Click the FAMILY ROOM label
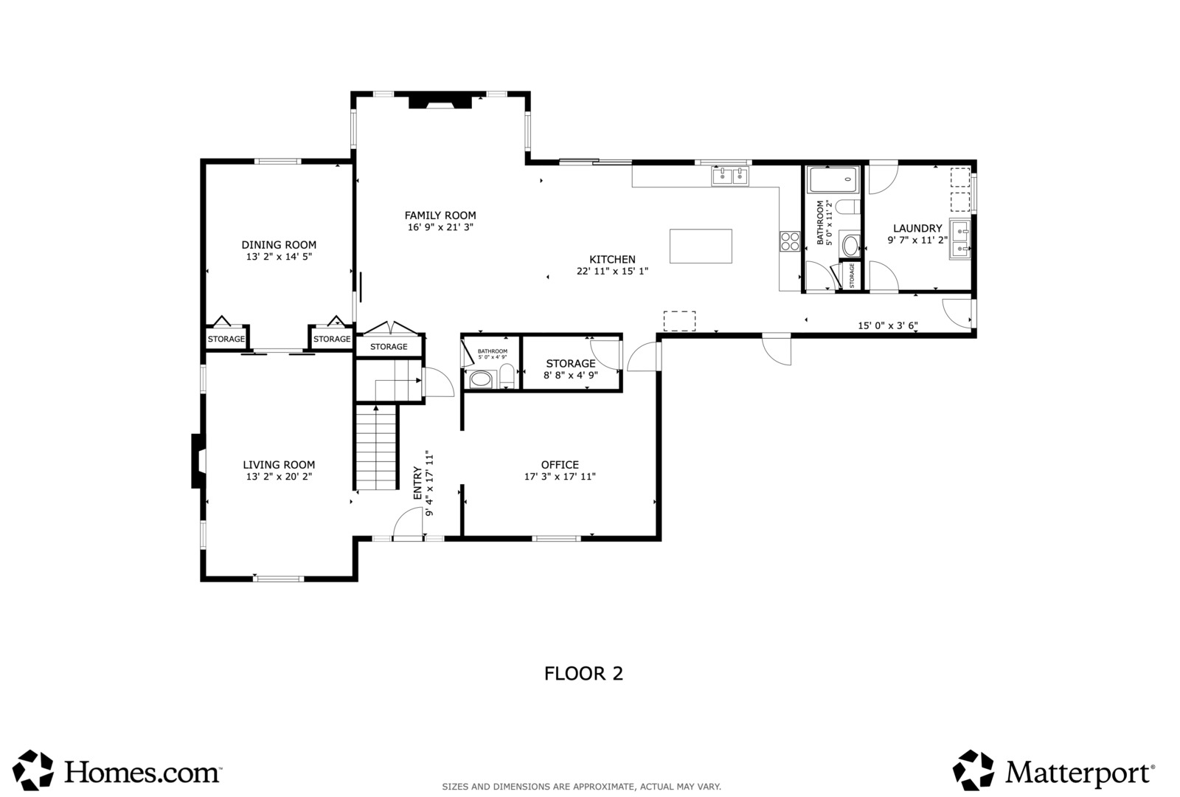[x=440, y=215]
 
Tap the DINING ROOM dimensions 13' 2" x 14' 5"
[x=279, y=258]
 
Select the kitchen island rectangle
[x=701, y=246]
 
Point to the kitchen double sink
[x=730, y=176]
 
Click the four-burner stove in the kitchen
[x=790, y=241]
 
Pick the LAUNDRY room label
[x=917, y=229]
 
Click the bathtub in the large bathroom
[x=834, y=180]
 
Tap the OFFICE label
[x=560, y=465]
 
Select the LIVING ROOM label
[x=279, y=465]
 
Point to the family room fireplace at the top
[x=440, y=101]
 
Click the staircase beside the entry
[x=376, y=447]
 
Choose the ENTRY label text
[x=417, y=483]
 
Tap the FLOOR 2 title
[x=583, y=674]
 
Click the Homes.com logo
[x=117, y=770]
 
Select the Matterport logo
[x=1054, y=770]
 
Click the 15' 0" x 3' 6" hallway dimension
[x=888, y=325]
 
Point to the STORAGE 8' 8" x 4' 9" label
[x=571, y=369]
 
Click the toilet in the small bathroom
[x=506, y=376]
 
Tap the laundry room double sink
[x=960, y=240]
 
